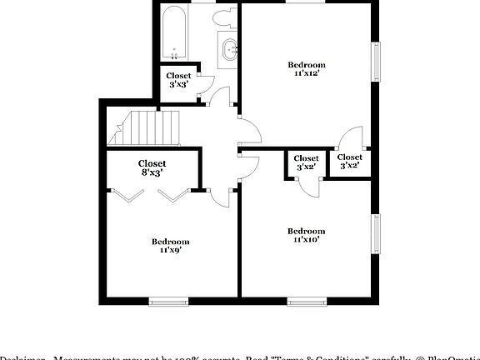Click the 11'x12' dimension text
click(x=307, y=73)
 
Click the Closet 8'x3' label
click(x=152, y=168)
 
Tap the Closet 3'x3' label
click(x=179, y=80)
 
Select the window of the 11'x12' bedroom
click(x=377, y=62)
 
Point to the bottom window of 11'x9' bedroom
click(x=167, y=301)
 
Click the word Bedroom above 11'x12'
click(x=307, y=65)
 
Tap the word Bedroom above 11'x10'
click(x=307, y=231)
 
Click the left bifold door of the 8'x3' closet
click(x=127, y=197)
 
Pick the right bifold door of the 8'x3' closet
click(x=174, y=197)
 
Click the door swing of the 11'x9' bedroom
click(x=221, y=197)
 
